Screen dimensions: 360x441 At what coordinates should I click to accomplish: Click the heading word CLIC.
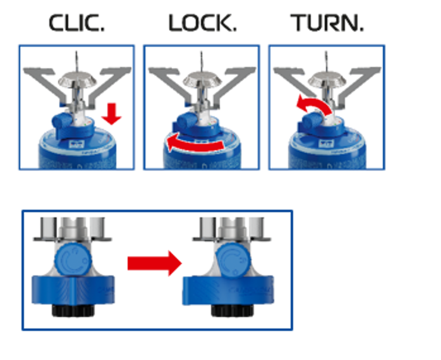77,23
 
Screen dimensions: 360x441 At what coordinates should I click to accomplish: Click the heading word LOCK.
202,23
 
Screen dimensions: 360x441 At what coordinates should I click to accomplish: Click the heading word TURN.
327,23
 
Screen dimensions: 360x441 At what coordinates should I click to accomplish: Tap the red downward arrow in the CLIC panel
112,114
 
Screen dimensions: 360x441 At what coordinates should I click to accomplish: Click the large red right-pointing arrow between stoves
154,263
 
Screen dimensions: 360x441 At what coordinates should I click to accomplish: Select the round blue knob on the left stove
70,261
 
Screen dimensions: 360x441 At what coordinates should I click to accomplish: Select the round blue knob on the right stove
230,261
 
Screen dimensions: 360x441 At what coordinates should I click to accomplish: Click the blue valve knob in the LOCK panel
185,121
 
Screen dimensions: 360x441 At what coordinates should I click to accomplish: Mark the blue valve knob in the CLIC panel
60,121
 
